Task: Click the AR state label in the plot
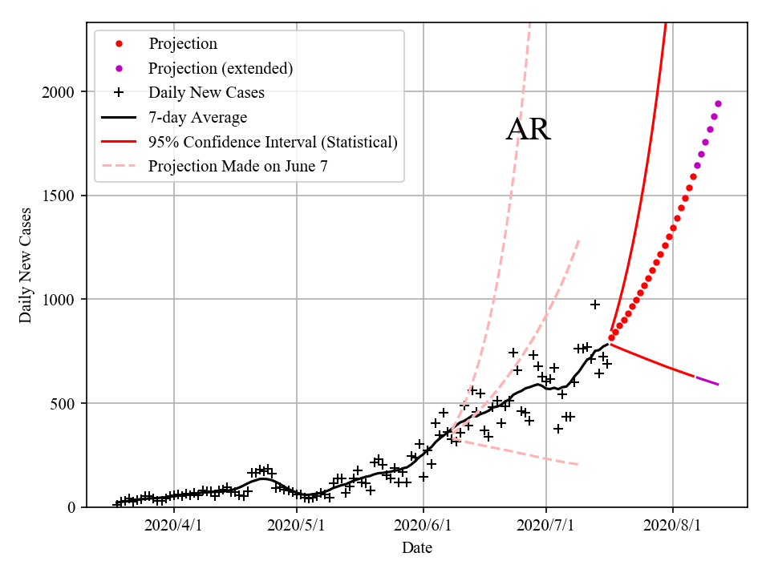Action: pos(528,130)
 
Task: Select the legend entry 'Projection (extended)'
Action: pos(220,68)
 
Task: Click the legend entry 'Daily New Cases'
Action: pos(206,92)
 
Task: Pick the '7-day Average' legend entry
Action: pos(197,117)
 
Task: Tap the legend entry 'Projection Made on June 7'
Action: pos(238,167)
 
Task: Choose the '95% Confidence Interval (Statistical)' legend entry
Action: pos(273,142)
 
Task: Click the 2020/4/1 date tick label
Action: pos(173,526)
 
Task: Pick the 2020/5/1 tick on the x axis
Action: pos(298,526)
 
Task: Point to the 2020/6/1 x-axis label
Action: pos(423,526)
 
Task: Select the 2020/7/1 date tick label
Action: pos(546,526)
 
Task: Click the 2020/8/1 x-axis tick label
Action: pos(672,526)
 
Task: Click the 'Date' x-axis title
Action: pos(417,548)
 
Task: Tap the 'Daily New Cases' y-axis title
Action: pos(26,265)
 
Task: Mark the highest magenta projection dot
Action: pos(718,103)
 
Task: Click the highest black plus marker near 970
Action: pos(595,305)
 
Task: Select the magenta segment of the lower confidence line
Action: pos(707,381)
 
